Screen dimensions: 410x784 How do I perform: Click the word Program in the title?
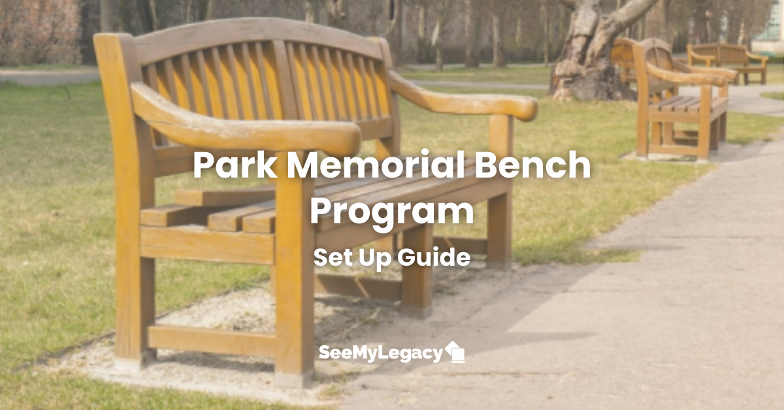392,212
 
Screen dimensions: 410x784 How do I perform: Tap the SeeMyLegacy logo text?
380,353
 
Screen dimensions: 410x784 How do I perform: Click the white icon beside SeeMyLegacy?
455,352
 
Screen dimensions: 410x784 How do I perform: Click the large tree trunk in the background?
585,59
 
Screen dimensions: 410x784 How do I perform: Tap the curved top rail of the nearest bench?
255,33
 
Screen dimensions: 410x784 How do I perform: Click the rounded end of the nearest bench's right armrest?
523,108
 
